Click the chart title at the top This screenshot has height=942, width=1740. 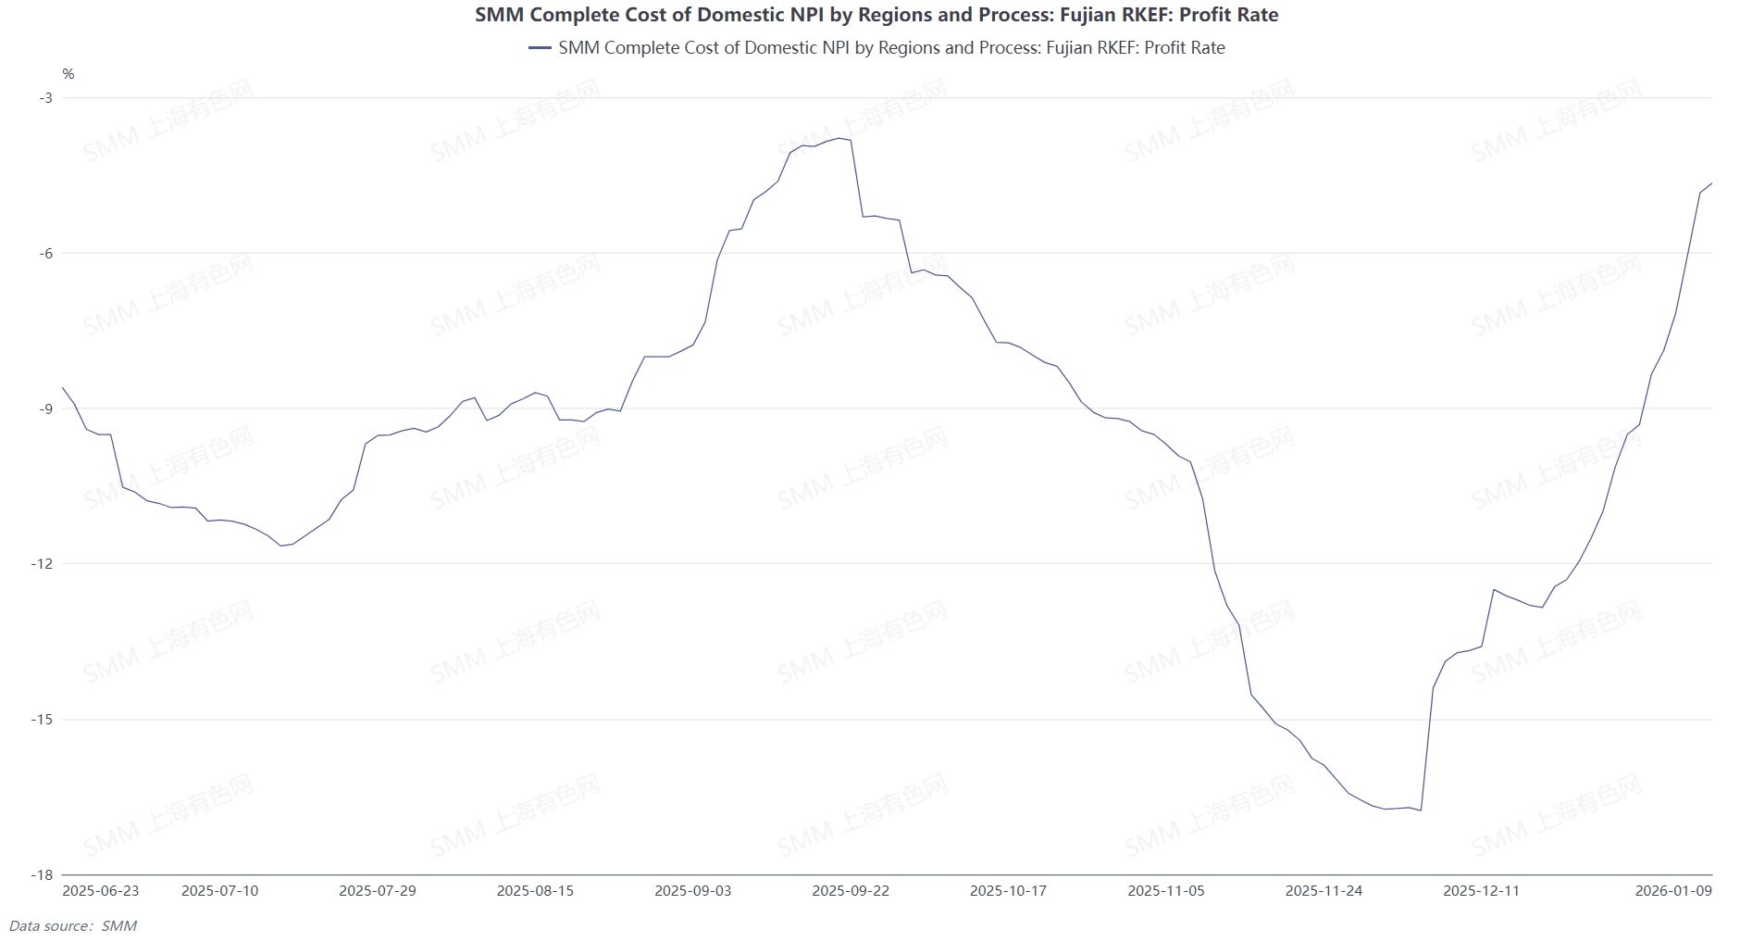(876, 15)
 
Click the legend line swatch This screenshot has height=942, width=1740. (540, 48)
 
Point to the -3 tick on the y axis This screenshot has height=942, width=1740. (45, 98)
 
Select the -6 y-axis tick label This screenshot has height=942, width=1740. (45, 254)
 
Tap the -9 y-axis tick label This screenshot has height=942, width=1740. (45, 408)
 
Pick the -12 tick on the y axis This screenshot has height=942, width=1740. (43, 564)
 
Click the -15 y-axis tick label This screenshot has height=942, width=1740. (43, 720)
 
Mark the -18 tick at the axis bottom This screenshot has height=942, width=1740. (43, 875)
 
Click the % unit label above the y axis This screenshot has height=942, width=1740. (68, 74)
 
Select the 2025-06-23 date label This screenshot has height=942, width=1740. (101, 891)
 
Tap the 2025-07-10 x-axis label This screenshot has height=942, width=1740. (220, 891)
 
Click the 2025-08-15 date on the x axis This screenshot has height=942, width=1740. (535, 891)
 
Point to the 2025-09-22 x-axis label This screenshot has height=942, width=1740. (851, 891)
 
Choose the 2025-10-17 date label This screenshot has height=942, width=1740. (1008, 891)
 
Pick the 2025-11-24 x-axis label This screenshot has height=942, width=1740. (1324, 891)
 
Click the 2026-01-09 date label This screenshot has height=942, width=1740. (1673, 891)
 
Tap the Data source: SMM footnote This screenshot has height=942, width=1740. (73, 926)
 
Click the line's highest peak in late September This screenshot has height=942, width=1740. (839, 138)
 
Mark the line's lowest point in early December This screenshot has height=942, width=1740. (1421, 810)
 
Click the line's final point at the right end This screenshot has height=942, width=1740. (1711, 183)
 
